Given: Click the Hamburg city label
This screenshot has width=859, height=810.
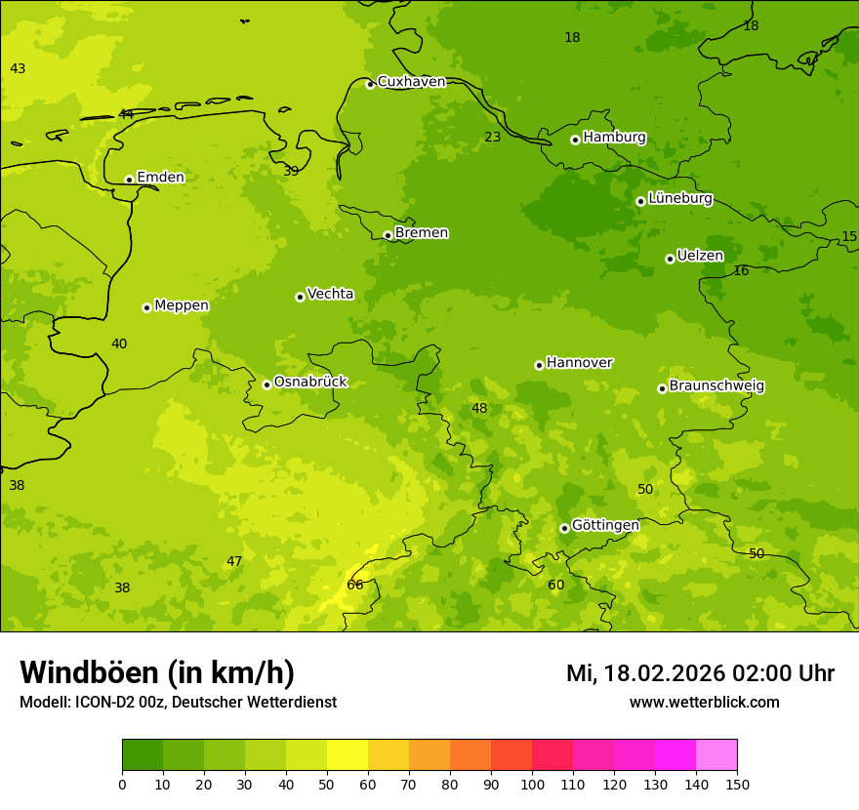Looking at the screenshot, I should (614, 138).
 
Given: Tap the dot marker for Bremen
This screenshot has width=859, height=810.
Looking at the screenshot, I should (388, 235).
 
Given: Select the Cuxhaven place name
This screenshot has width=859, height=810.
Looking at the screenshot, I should (411, 82).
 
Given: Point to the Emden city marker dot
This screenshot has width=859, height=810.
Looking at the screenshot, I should (129, 180).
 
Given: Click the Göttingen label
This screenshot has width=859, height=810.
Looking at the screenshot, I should (605, 526).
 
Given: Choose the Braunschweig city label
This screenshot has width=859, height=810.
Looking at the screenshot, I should (716, 386).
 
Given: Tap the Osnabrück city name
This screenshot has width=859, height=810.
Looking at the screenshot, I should (310, 383).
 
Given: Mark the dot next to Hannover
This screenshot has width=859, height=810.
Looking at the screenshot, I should (539, 365).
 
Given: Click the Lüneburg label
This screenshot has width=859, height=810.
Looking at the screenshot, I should (679, 199).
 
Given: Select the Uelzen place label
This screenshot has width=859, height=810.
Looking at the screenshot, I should (700, 257).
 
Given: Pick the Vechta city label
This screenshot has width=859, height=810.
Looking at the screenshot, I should (330, 295).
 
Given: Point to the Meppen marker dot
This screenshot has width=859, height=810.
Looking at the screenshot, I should (146, 307).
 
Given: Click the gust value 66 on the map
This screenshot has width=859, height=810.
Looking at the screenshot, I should (355, 586).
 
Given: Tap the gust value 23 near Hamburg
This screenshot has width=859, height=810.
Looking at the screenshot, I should (493, 138).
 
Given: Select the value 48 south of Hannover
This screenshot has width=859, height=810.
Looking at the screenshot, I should (479, 409).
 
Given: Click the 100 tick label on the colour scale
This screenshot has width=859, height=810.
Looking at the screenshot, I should (532, 785).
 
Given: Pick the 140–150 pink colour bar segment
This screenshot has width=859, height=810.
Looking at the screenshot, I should (716, 755).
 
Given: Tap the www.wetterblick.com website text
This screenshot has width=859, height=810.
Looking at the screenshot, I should (704, 703).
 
